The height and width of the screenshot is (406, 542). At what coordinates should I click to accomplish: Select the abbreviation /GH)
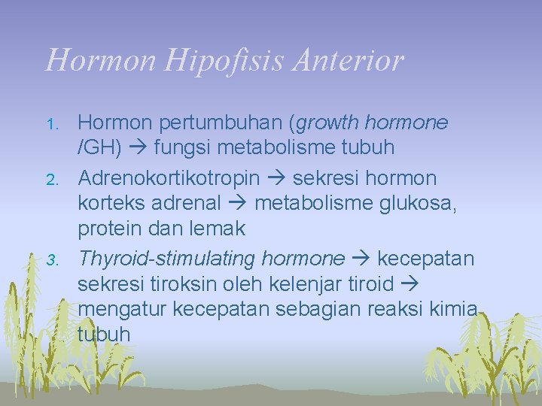pos(100,147)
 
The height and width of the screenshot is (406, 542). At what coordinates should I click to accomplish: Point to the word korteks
pos(111,204)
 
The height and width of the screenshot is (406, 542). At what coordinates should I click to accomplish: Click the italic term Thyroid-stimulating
pos(167,259)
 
